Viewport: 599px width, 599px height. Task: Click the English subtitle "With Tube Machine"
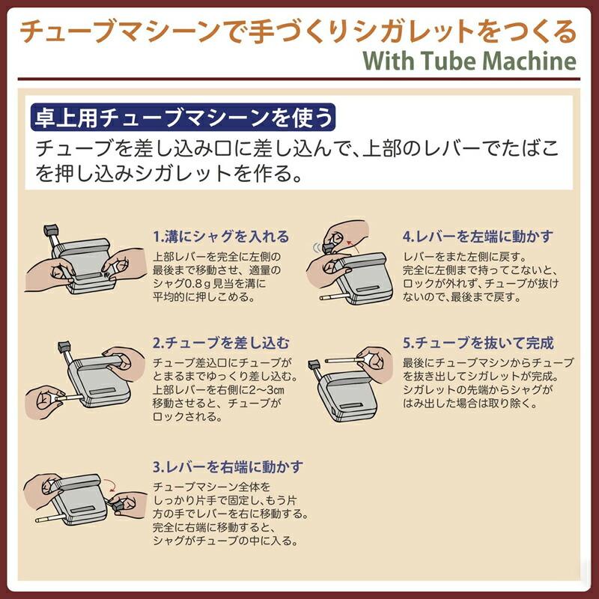(469, 61)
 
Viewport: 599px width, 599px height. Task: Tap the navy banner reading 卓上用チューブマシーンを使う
(183, 118)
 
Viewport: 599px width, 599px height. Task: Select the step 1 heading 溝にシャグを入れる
(227, 237)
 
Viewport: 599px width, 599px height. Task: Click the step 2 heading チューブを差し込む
(228, 343)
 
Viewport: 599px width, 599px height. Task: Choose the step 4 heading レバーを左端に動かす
(484, 237)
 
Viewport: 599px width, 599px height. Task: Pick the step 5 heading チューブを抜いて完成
(484, 343)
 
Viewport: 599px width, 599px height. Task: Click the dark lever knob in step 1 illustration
(51, 231)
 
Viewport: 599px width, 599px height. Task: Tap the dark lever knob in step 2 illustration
(64, 347)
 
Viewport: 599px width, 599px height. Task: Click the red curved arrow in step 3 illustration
(111, 484)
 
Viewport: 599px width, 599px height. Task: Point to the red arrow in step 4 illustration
(352, 246)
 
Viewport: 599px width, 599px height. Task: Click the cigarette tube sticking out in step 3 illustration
(50, 518)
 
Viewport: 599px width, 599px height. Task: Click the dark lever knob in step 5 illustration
(314, 364)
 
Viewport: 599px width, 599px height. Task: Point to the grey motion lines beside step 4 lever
(317, 248)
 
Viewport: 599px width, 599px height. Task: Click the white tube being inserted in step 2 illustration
(69, 398)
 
